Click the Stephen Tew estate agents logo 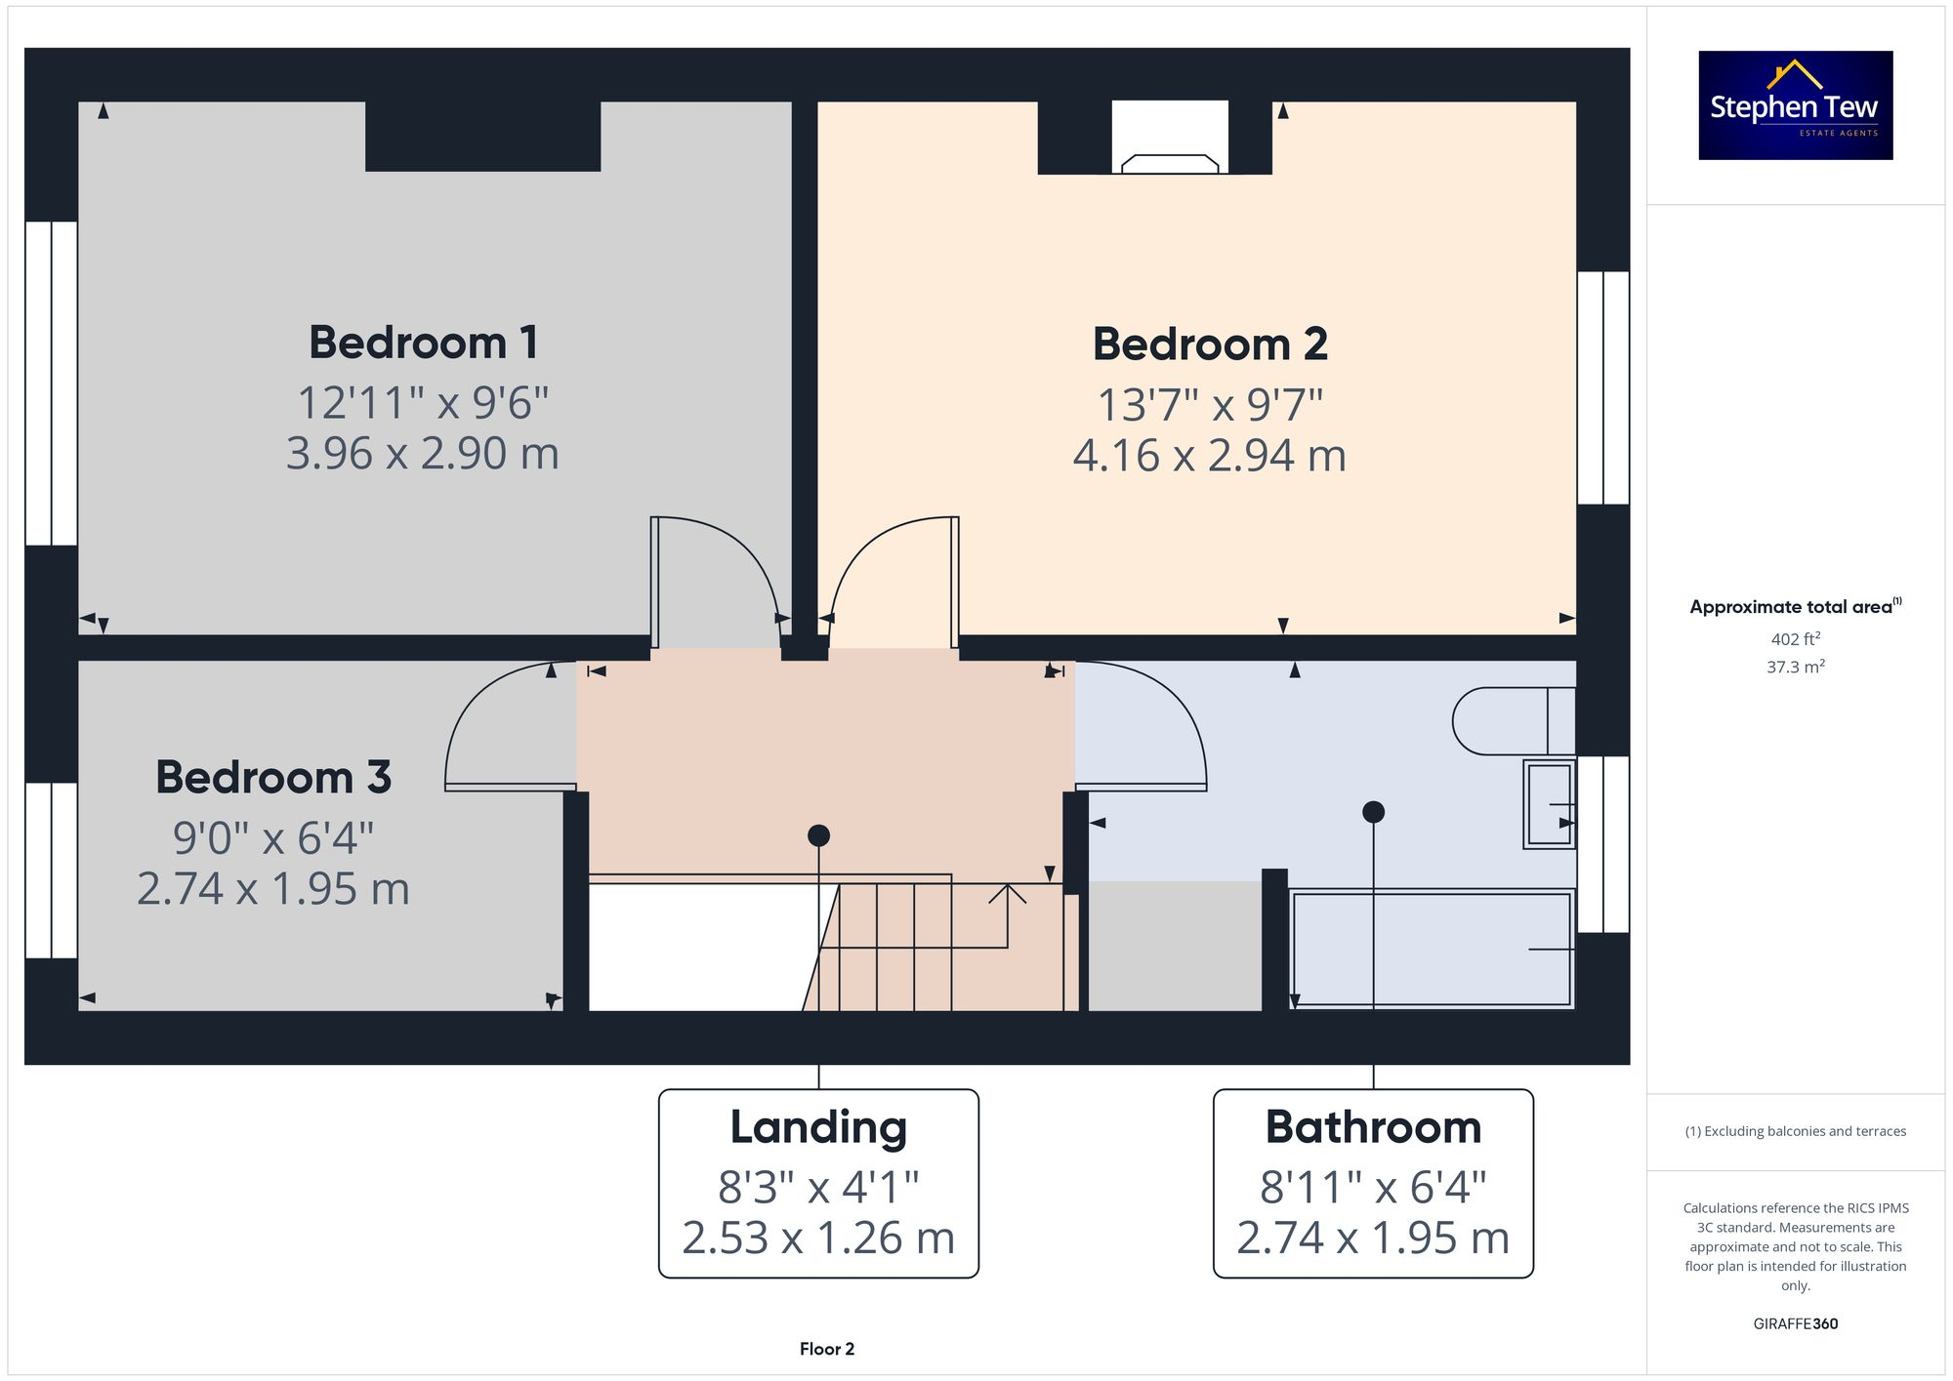click(x=1795, y=105)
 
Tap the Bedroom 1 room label click(x=423, y=343)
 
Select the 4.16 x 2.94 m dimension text click(x=1209, y=456)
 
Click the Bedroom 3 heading click(x=273, y=778)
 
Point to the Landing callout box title click(x=818, y=1127)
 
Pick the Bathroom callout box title click(x=1373, y=1127)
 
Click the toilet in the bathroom click(x=1509, y=721)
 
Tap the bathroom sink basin click(x=1549, y=803)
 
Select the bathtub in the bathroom click(x=1431, y=949)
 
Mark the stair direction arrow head click(x=1007, y=892)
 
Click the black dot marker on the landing click(x=818, y=835)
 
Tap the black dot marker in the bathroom click(x=1373, y=812)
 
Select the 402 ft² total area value click(x=1795, y=639)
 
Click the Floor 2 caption click(x=826, y=1349)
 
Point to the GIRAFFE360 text click(x=1795, y=1324)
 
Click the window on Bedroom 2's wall click(x=1602, y=387)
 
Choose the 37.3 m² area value click(x=1795, y=668)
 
